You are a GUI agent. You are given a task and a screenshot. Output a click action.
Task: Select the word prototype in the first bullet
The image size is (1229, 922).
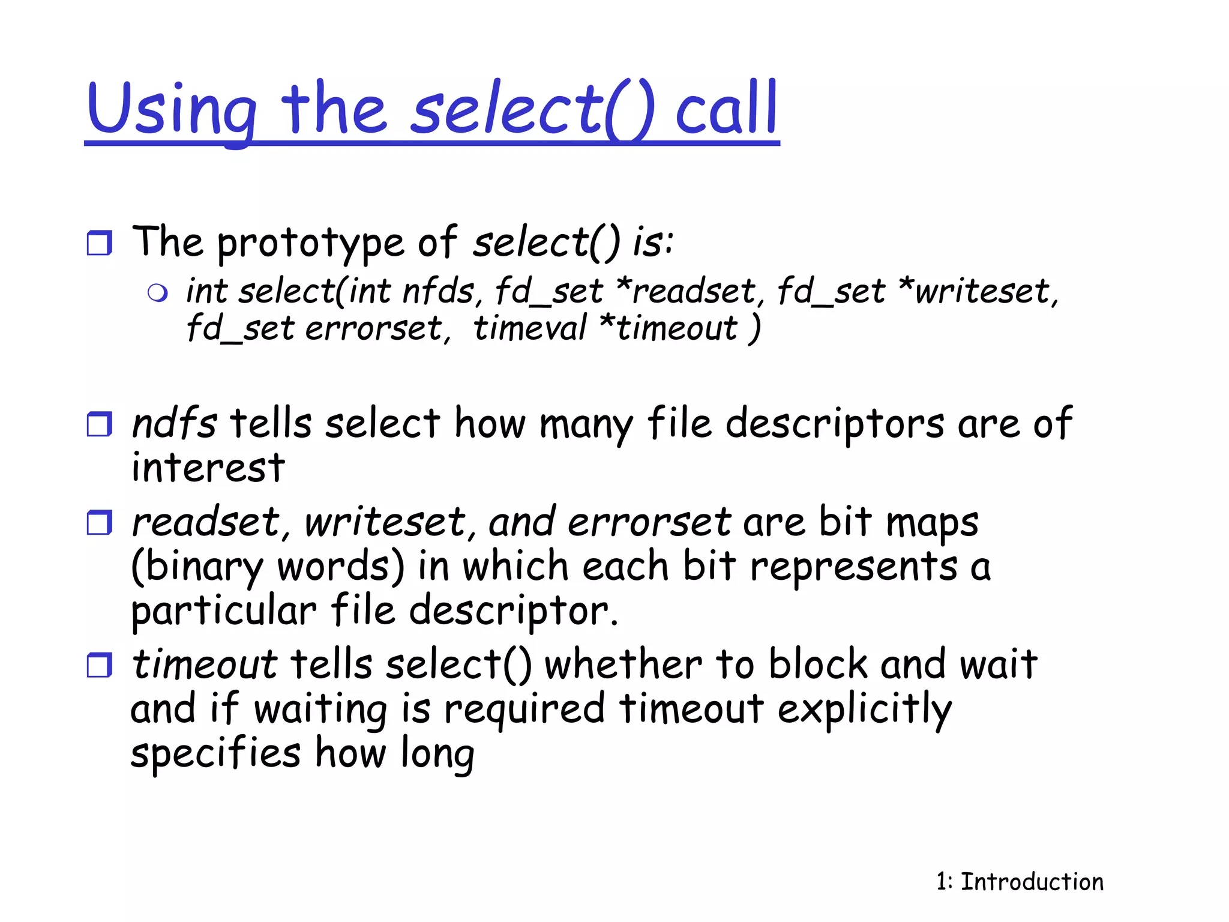[310, 243]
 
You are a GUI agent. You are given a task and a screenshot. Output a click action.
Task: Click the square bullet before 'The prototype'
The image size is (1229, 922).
[100, 243]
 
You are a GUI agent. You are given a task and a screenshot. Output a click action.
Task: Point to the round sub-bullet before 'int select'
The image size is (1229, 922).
[157, 293]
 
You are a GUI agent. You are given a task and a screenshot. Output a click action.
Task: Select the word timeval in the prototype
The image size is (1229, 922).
[529, 329]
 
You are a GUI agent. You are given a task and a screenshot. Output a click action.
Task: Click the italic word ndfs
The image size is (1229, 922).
[174, 423]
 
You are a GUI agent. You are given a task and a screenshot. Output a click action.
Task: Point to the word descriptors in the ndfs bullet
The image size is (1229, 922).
[835, 424]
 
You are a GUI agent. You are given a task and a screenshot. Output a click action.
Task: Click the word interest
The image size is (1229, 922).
[208, 468]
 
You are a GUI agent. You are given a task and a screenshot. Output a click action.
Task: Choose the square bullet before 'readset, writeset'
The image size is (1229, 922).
[100, 522]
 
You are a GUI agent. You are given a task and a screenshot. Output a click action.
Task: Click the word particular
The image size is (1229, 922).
[223, 611]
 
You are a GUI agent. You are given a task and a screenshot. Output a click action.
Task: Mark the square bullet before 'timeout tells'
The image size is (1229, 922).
[100, 665]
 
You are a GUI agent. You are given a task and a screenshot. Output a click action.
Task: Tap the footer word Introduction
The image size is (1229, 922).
[1032, 882]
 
